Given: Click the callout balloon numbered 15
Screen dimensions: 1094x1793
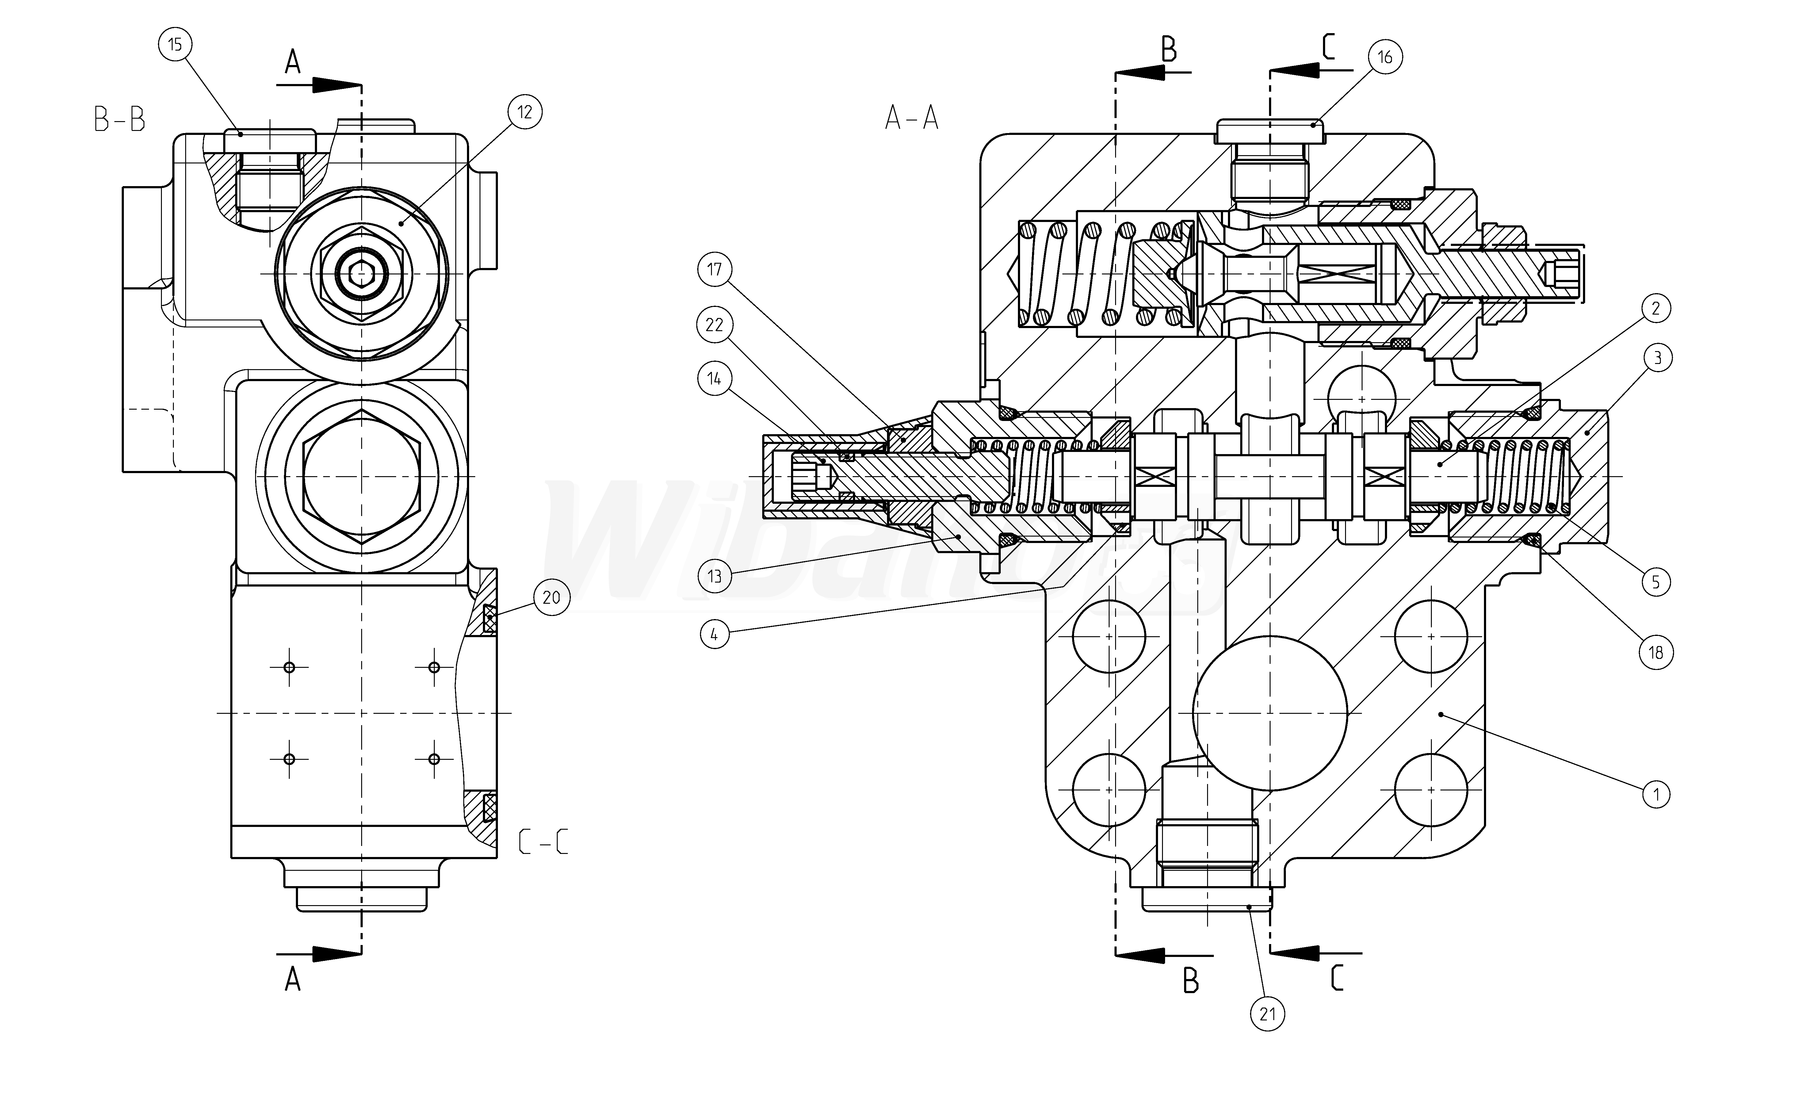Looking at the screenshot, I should (175, 44).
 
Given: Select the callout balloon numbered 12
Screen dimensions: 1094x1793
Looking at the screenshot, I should (525, 112).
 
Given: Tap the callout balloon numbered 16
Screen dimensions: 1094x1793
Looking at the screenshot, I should (1385, 57).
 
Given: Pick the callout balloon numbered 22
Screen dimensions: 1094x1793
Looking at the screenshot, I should (715, 325).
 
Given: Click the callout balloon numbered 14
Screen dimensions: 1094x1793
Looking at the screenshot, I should (715, 378).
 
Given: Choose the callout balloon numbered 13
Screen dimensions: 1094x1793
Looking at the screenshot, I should (715, 576).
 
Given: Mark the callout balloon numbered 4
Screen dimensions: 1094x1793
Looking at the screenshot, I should (715, 635).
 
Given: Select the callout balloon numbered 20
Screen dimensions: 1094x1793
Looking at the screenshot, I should (552, 598).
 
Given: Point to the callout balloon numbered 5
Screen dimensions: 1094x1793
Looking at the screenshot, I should (1656, 582).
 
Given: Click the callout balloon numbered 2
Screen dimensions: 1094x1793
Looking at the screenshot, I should (1656, 308).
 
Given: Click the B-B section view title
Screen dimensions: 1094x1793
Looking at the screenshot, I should (119, 119).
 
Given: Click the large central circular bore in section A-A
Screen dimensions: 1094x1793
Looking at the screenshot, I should (1270, 713).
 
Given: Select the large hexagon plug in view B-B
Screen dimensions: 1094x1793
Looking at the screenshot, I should (362, 477).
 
